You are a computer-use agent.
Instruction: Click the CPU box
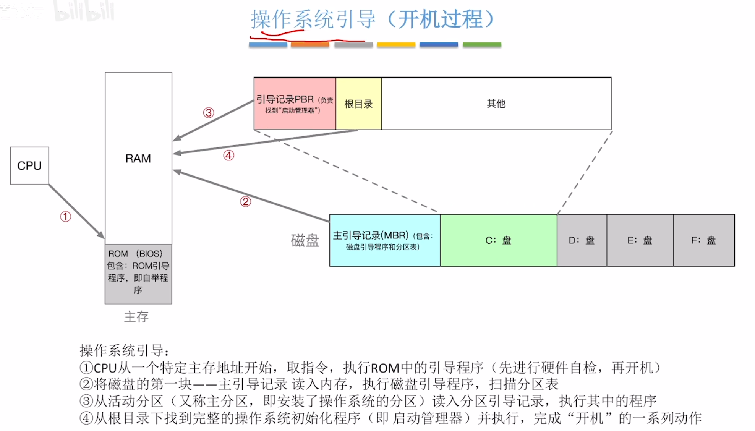pyautogui.click(x=29, y=165)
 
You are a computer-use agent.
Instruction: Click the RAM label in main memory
pyautogui.click(x=138, y=158)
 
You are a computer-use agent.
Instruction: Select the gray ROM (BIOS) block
pyautogui.click(x=138, y=274)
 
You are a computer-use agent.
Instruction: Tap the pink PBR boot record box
pyautogui.click(x=295, y=104)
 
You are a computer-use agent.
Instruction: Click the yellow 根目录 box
pyautogui.click(x=358, y=104)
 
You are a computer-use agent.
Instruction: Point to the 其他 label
pyautogui.click(x=496, y=104)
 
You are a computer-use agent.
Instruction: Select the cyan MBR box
pyautogui.click(x=384, y=240)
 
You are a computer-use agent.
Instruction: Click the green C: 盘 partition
pyautogui.click(x=498, y=240)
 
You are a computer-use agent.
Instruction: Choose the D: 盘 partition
pyautogui.click(x=582, y=240)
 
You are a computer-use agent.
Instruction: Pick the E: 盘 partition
pyautogui.click(x=640, y=240)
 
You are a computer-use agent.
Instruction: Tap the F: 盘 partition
pyautogui.click(x=703, y=240)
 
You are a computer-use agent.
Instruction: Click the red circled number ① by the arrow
pyautogui.click(x=65, y=217)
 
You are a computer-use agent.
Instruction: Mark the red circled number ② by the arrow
pyautogui.click(x=245, y=201)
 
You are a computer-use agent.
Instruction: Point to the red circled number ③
pyautogui.click(x=208, y=113)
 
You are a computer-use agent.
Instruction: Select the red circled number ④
pyautogui.click(x=228, y=156)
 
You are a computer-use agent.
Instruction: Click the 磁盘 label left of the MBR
pyautogui.click(x=305, y=241)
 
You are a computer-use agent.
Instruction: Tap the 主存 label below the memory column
pyautogui.click(x=136, y=316)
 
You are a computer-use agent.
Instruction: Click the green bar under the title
pyautogui.click(x=482, y=45)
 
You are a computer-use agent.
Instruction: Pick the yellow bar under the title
pyautogui.click(x=396, y=45)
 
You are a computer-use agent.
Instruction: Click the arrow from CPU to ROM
pyautogui.click(x=76, y=211)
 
